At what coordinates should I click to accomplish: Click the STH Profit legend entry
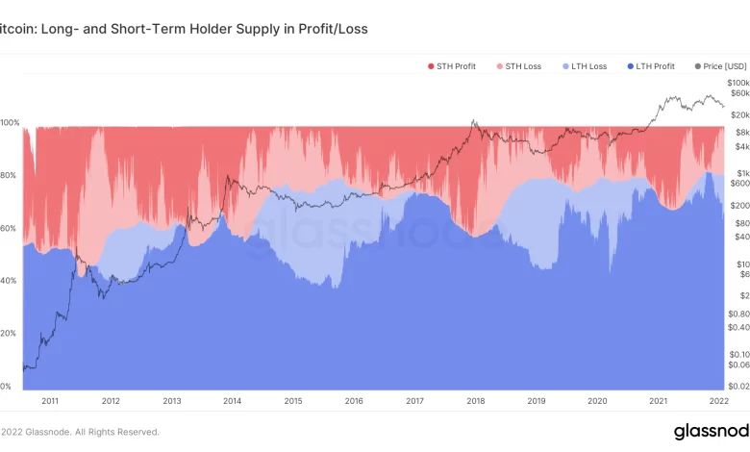(455, 65)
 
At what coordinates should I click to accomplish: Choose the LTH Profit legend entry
(654, 65)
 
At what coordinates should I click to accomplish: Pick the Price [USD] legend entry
(721, 65)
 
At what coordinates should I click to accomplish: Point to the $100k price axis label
(737, 85)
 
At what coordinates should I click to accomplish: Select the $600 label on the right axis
(737, 183)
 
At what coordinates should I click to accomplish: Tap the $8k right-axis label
(737, 132)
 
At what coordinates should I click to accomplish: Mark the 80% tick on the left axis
(9, 176)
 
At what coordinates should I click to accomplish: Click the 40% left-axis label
(9, 281)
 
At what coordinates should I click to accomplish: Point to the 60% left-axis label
(9, 228)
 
